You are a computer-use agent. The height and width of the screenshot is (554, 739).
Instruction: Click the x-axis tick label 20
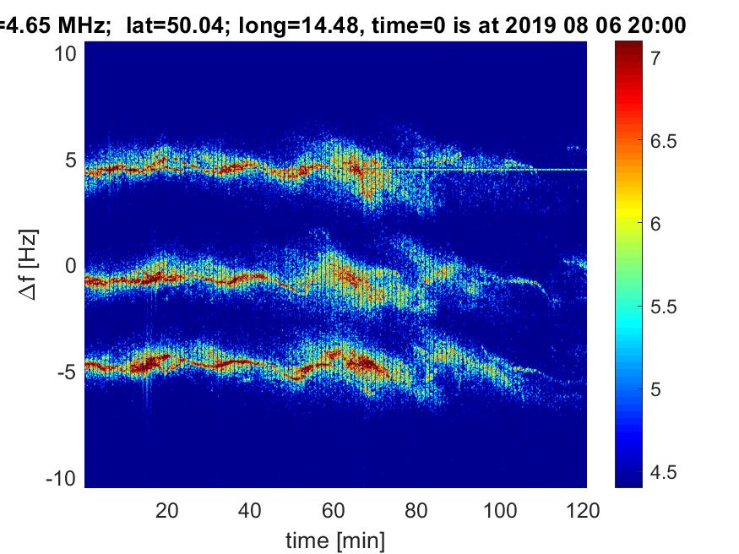(166, 510)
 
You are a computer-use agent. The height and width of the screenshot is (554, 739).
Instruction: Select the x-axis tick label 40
(250, 510)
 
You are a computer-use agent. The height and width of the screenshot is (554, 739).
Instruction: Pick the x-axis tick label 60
(334, 510)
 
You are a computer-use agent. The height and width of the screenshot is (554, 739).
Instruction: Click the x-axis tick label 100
(500, 510)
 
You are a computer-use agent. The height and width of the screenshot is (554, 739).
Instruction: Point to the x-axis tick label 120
(584, 510)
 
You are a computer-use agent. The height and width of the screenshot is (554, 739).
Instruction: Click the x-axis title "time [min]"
(335, 538)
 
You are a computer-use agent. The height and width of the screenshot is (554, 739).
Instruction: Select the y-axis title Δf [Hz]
(29, 265)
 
